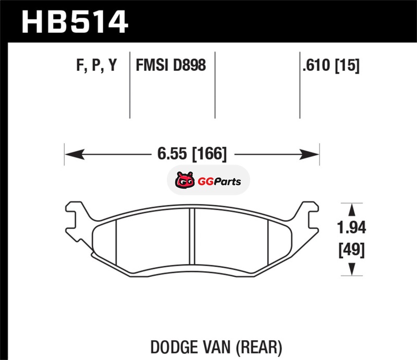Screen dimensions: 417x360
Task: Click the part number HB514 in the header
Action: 75,21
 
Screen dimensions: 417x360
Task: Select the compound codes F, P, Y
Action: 96,65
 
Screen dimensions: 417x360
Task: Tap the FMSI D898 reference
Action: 171,65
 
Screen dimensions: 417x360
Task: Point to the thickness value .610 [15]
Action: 331,66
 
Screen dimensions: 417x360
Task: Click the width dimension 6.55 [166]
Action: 192,154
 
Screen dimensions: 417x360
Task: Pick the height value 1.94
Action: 351,228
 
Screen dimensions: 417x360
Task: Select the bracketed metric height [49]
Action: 351,250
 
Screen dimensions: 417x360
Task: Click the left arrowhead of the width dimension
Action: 75,154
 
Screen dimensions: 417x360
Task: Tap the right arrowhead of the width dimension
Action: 309,154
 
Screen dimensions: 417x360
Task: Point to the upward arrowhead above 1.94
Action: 351,209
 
